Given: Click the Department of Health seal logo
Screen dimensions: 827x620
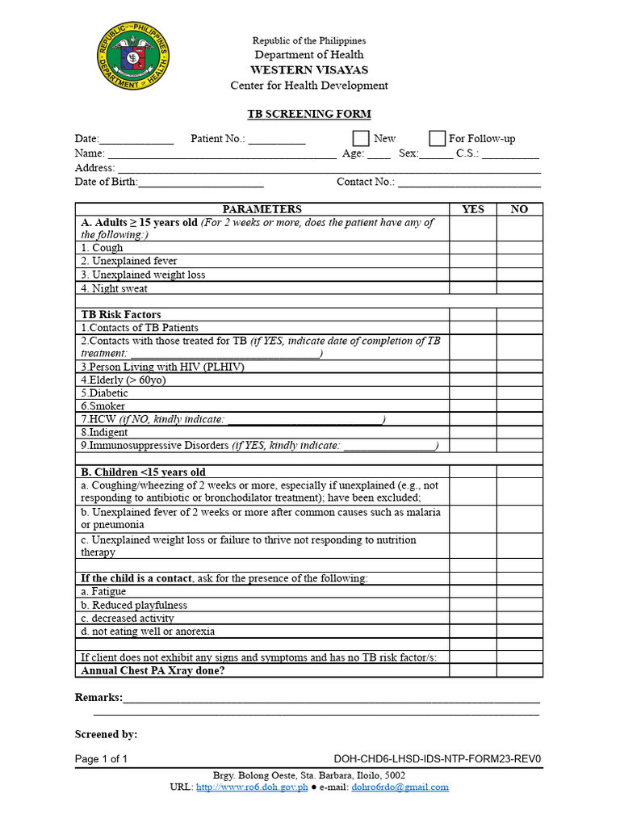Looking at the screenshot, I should (133, 57).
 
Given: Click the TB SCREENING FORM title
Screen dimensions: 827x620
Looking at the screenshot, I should (308, 114).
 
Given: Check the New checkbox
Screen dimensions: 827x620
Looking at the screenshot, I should (361, 139).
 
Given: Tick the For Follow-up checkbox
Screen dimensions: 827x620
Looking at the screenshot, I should (437, 139).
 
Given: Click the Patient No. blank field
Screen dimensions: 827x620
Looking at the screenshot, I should (277, 140).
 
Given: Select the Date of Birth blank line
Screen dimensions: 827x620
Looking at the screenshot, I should (201, 183).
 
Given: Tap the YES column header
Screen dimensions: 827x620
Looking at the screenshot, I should (473, 209).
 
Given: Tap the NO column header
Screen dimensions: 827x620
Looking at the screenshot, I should (520, 209).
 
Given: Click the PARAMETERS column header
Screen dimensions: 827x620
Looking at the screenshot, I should (262, 209).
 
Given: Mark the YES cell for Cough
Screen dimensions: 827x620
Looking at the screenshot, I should (473, 248).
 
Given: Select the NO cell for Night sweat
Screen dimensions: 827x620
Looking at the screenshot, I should (520, 288).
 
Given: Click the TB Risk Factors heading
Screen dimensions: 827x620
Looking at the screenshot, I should (121, 314).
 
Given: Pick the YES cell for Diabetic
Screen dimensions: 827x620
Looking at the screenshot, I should (473, 393).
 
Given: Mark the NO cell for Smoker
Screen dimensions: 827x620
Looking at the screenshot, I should (520, 405).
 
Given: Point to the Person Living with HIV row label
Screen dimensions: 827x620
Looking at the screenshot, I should (161, 367).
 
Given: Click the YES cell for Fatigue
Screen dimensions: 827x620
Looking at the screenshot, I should (473, 591).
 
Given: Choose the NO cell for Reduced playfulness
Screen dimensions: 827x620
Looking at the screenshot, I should (520, 605).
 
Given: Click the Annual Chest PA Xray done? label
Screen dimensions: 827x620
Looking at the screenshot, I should (153, 670).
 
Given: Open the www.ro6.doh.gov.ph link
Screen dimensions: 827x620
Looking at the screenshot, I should (252, 787).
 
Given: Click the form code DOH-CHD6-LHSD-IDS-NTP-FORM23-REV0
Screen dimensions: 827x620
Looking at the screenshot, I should (437, 759).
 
